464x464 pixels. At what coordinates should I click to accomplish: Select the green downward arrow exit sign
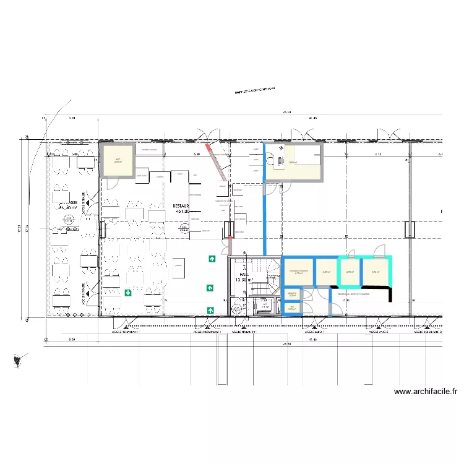127,293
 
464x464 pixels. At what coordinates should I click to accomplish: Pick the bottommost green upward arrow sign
212,309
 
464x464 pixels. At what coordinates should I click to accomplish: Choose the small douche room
292,294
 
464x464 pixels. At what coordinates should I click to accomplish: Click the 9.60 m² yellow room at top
293,162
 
